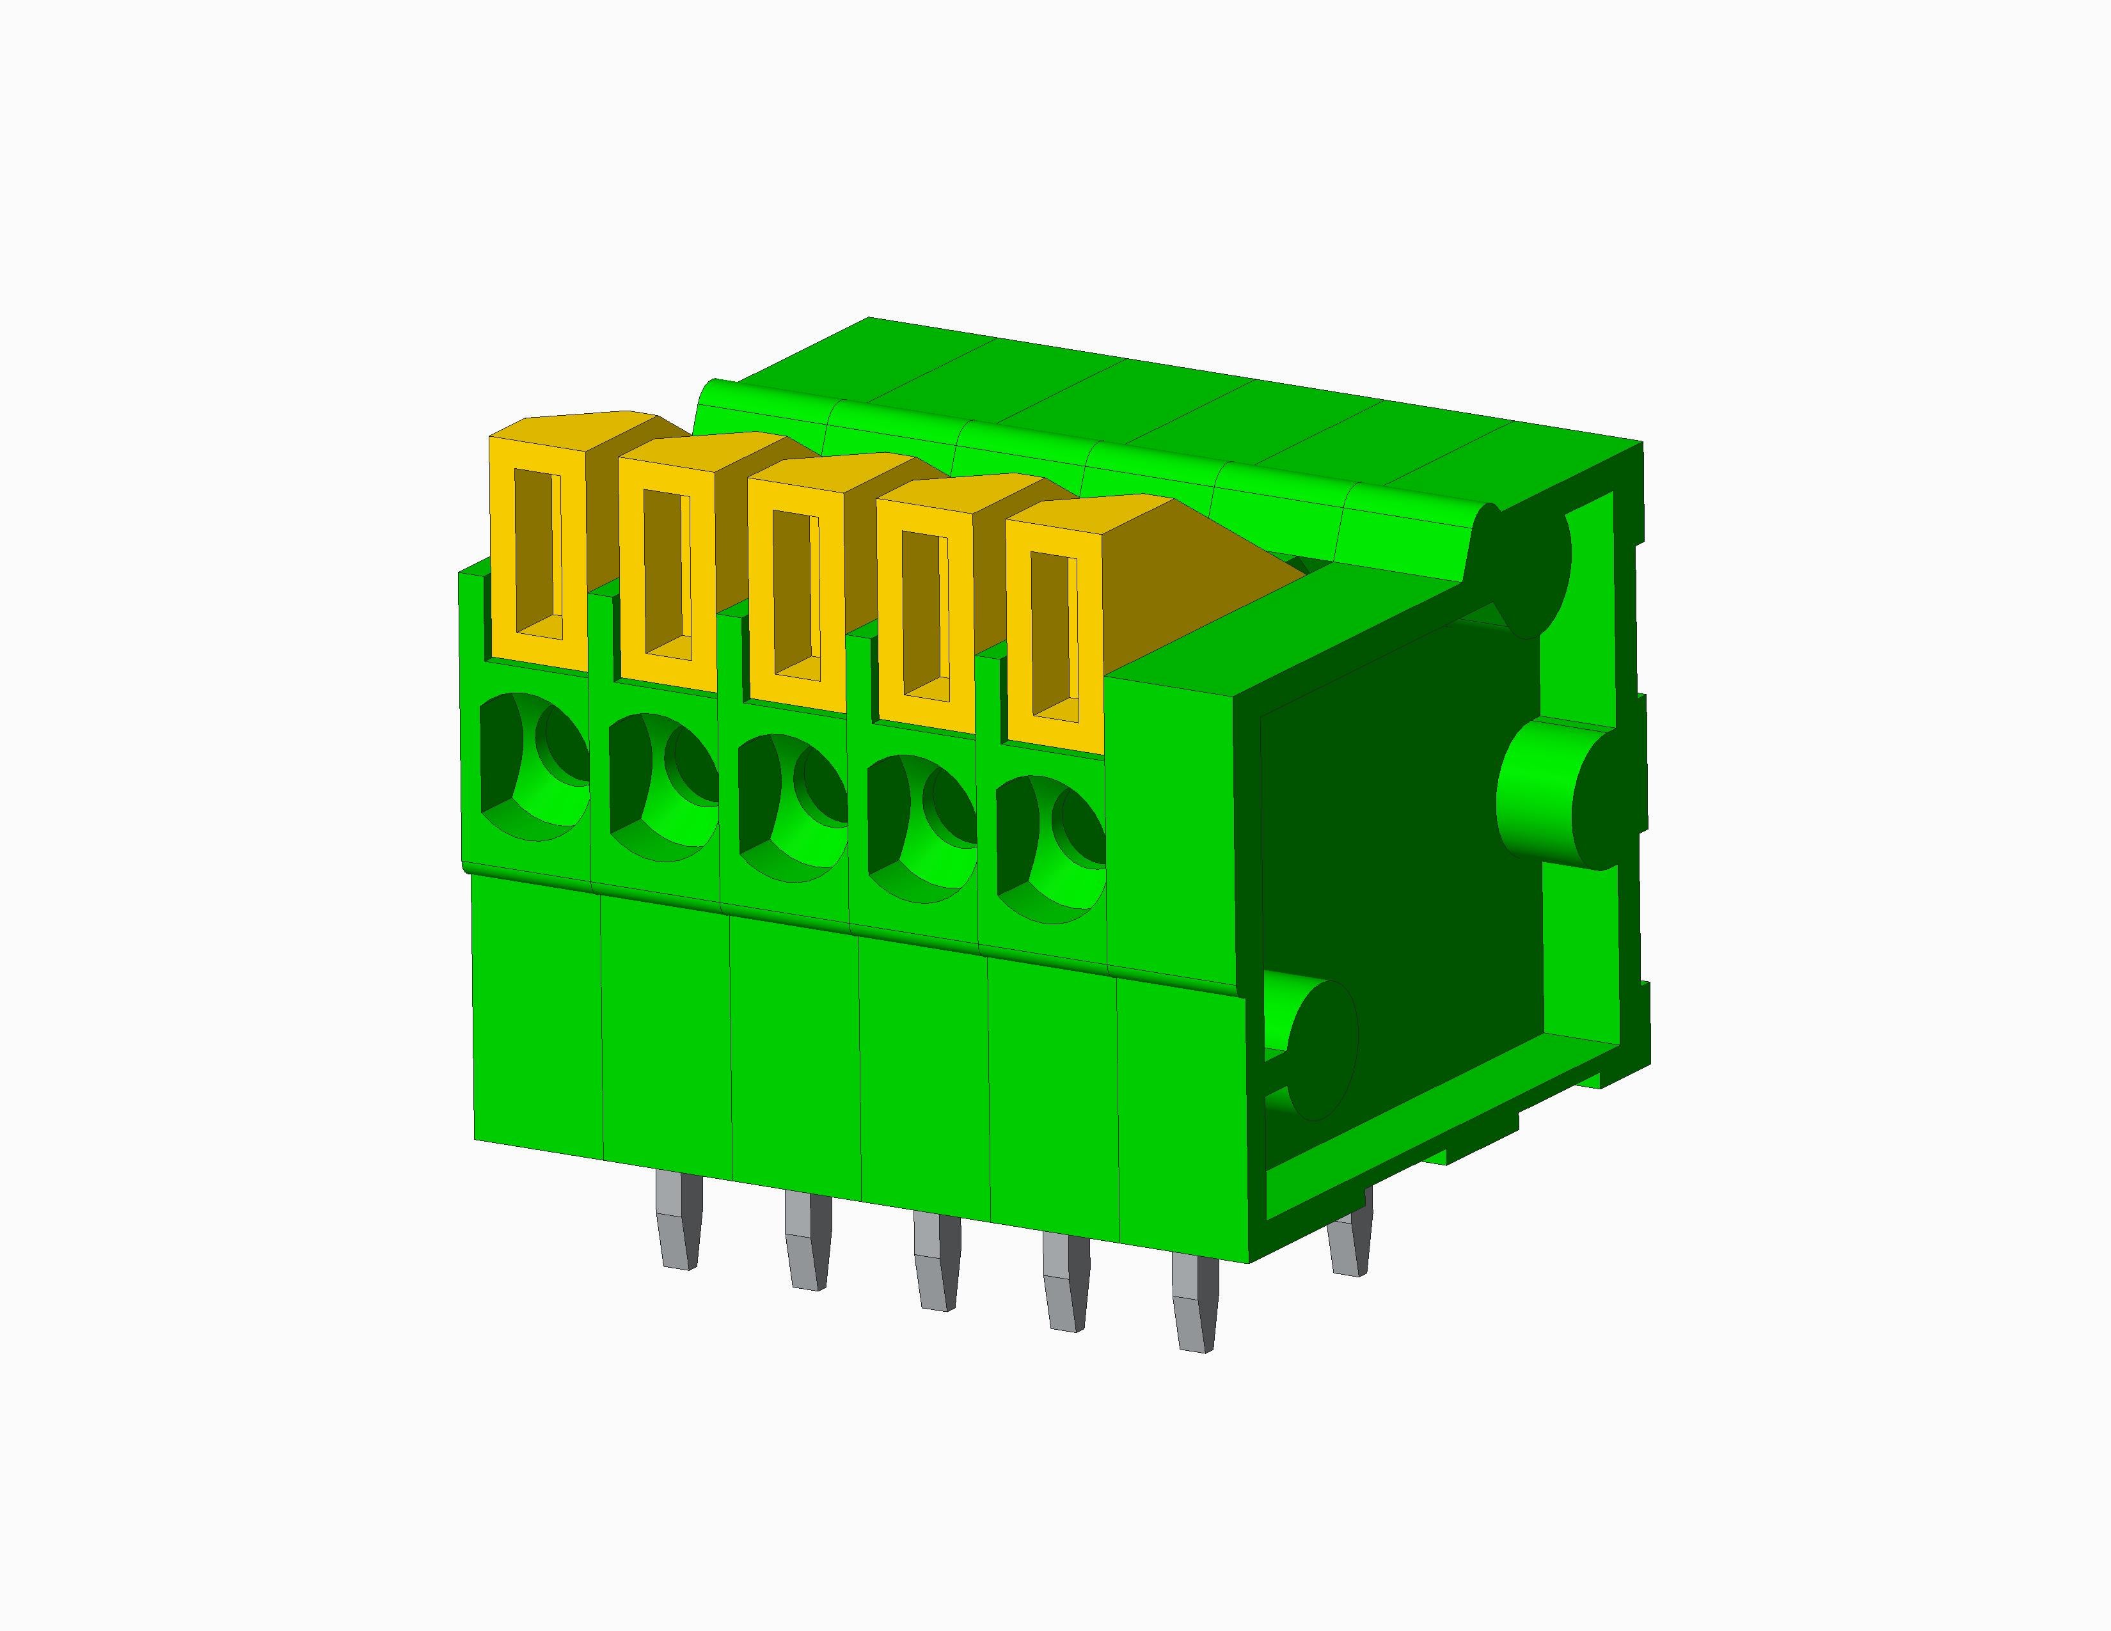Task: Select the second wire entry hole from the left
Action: click(x=663, y=787)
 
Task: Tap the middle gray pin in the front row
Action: click(x=936, y=1261)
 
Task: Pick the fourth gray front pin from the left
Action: click(x=1064, y=1282)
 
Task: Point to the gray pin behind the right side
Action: click(x=1349, y=1247)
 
